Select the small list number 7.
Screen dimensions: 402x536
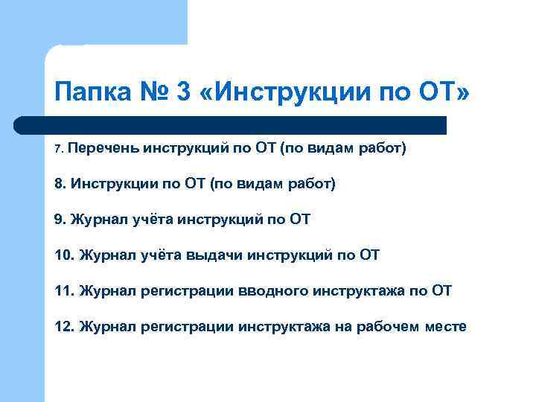[59, 149]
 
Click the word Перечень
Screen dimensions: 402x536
[104, 148]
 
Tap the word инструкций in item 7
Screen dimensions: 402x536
[183, 148]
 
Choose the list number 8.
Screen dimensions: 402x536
[60, 183]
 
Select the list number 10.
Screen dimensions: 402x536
[64, 255]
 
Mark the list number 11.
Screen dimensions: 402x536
[64, 290]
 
